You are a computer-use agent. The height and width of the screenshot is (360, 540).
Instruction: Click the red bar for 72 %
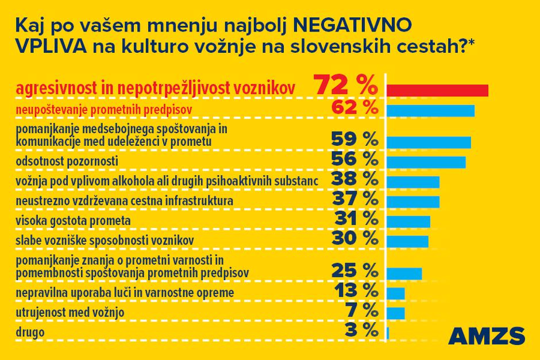438,90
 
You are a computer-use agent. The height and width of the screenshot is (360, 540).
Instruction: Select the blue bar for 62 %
431,110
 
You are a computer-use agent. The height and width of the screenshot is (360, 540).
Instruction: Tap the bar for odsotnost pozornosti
426,162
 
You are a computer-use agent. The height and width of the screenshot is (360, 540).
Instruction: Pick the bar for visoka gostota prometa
408,222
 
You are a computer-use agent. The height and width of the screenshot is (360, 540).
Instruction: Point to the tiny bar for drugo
388,332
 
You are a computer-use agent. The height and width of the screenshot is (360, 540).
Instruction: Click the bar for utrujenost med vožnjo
396,313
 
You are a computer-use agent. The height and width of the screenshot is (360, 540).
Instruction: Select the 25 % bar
404,273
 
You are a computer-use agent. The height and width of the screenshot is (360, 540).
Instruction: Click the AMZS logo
487,336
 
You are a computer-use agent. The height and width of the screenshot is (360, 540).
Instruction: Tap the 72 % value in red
345,87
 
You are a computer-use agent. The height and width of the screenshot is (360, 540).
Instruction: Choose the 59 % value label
355,139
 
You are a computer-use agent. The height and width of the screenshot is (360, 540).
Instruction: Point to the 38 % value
355,180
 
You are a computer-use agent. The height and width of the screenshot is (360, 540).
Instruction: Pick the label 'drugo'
30,332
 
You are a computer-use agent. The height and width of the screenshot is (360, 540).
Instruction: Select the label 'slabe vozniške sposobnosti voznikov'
105,239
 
